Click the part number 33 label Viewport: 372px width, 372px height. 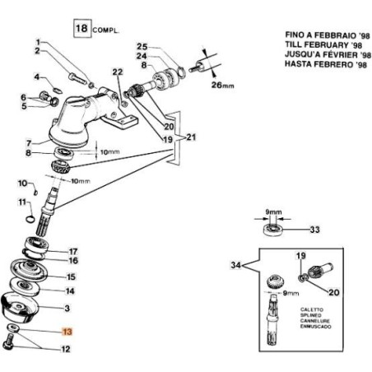tap(314, 229)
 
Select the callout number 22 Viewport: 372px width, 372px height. tap(117, 72)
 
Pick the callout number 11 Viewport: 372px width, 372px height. tap(22, 202)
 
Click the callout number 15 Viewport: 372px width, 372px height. tap(72, 277)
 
